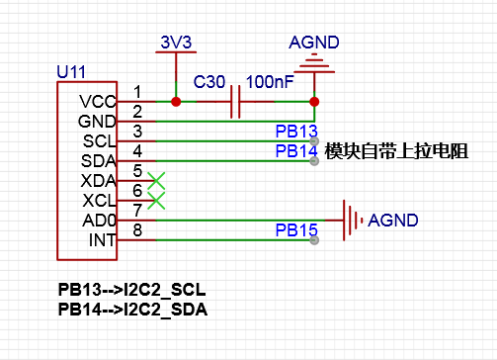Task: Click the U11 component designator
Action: pyautogui.click(x=72, y=72)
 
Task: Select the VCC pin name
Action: pyautogui.click(x=98, y=101)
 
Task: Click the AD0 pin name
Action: pyautogui.click(x=100, y=220)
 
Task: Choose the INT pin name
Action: pyautogui.click(x=103, y=239)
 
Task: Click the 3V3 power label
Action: pyautogui.click(x=174, y=43)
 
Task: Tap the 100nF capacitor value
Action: pyautogui.click(x=269, y=80)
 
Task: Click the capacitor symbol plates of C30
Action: pyautogui.click(x=236, y=101)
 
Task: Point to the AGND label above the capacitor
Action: pyautogui.click(x=313, y=43)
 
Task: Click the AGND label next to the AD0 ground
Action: pyautogui.click(x=392, y=220)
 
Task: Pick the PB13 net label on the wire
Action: pyautogui.click(x=295, y=132)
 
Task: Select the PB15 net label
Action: pyautogui.click(x=295, y=230)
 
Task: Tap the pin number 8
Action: pyautogui.click(x=137, y=230)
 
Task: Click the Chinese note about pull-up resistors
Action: pyautogui.click(x=395, y=151)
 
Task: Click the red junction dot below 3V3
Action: pyautogui.click(x=175, y=101)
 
